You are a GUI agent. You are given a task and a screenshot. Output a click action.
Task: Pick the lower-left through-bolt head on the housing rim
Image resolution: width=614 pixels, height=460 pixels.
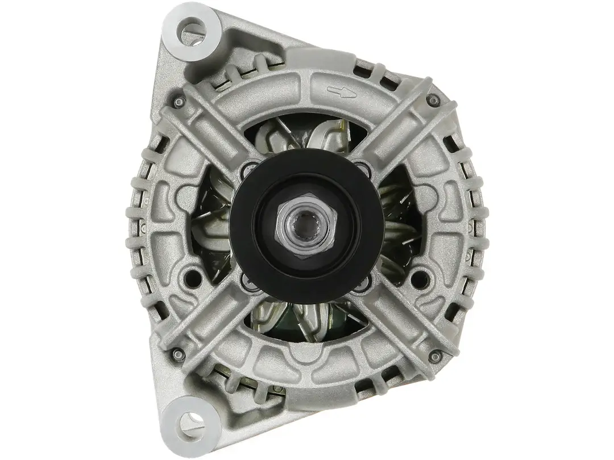point(178,354)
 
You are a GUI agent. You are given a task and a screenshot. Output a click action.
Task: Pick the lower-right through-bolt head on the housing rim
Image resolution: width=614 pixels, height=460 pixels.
point(435,356)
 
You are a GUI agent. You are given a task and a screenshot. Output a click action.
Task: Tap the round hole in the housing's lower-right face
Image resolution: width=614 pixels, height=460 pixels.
point(421,278)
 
